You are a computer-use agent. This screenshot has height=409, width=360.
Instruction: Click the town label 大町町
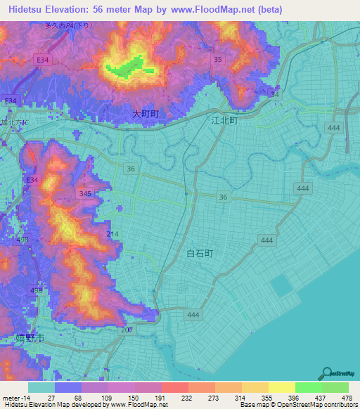[146, 113]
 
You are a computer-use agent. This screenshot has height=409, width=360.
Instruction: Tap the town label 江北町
[225, 120]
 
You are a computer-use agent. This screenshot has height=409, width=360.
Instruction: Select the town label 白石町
[200, 252]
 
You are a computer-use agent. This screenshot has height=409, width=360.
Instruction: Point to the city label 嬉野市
[30, 338]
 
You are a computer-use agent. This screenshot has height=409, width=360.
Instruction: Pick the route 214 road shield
[113, 233]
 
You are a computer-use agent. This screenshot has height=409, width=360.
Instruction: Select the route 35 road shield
[218, 60]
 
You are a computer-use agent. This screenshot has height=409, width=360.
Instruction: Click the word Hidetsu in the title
[27, 10]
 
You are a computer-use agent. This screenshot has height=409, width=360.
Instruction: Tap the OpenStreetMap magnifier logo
[328, 372]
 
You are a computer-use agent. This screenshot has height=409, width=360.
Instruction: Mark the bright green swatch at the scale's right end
[335, 387]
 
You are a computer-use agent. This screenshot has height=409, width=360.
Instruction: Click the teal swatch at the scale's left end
[41, 387]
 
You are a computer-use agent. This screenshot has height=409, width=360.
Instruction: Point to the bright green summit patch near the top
[124, 70]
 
